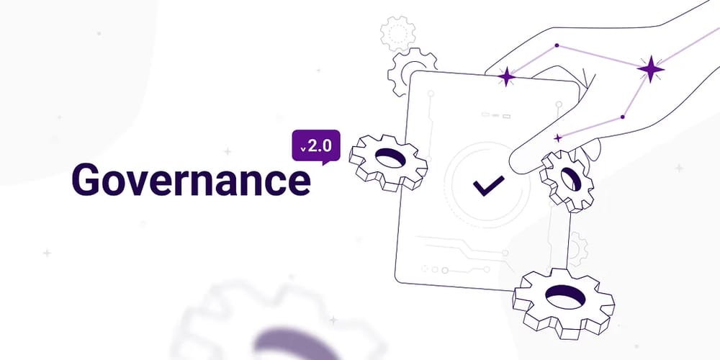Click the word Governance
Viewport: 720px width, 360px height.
tap(191, 179)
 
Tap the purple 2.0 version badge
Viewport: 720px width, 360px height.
tap(316, 146)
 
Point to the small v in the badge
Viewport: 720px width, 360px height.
tap(303, 149)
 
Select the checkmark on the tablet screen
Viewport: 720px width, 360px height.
tap(489, 185)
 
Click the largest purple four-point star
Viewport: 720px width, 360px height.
tap(650, 69)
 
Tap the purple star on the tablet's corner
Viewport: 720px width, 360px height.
tap(506, 77)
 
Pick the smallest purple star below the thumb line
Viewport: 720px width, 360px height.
tap(558, 138)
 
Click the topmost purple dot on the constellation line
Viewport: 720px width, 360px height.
tap(557, 45)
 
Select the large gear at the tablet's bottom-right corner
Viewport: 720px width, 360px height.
tap(564, 302)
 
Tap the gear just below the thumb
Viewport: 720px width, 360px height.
tap(567, 181)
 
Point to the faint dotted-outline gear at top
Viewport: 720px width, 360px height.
tap(397, 33)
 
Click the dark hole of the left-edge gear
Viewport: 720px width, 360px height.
tap(391, 158)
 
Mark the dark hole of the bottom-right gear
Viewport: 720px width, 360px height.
tap(565, 296)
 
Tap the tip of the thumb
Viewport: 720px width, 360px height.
tap(512, 165)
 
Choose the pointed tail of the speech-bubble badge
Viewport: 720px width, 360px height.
tap(325, 163)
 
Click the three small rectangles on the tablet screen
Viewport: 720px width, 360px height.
tap(496, 116)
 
